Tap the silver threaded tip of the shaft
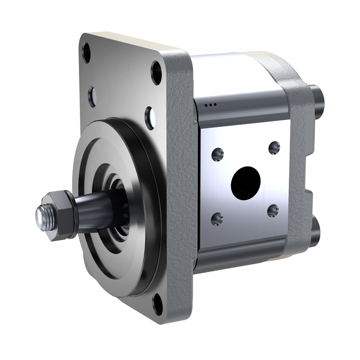(x=41, y=214)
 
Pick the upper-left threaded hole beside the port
(x=217, y=154)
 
